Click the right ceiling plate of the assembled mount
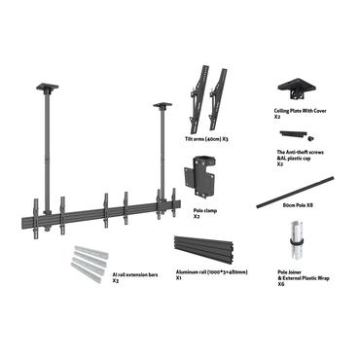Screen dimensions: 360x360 coord(162,105)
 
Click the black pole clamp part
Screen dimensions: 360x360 coord(201,183)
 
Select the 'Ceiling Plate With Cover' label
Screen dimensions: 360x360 coord(299,111)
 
